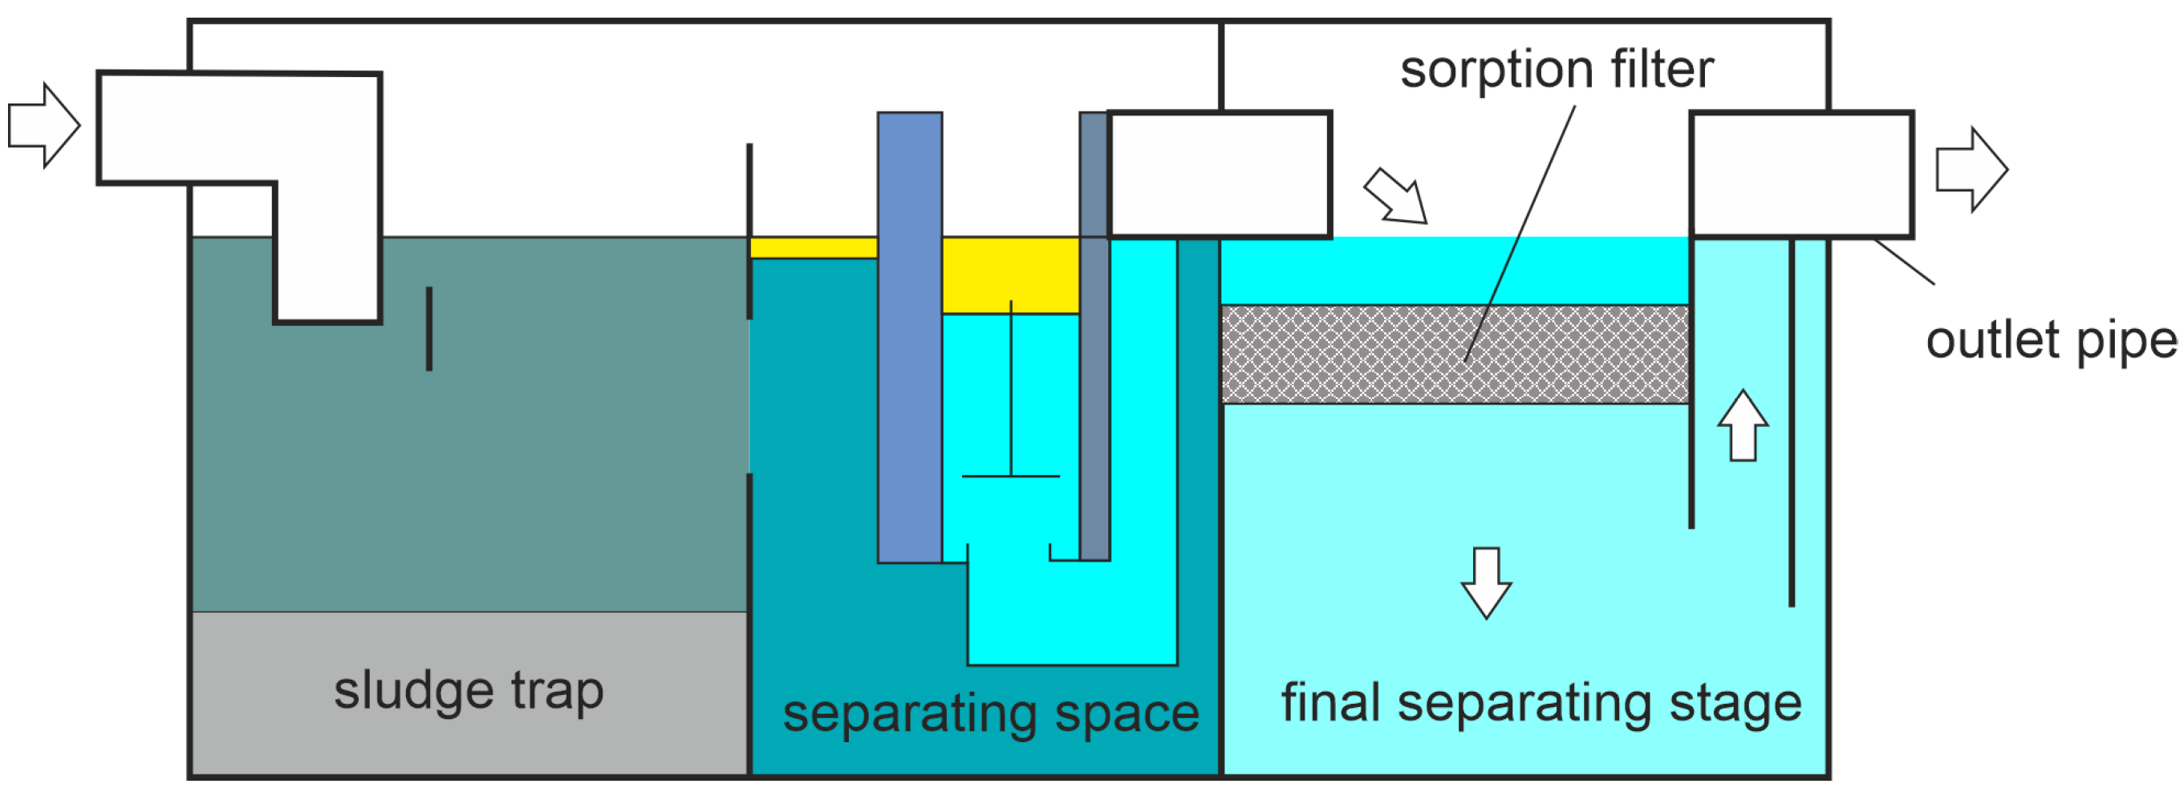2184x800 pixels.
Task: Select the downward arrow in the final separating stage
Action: tap(1486, 584)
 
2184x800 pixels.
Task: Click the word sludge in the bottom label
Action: tap(413, 692)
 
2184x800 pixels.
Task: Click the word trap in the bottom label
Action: tap(557, 692)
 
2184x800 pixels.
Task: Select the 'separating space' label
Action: tap(990, 713)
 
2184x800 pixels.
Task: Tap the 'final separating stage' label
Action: tap(1541, 704)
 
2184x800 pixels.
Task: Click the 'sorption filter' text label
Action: tap(1557, 70)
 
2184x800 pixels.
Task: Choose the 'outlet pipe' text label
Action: tap(2051, 341)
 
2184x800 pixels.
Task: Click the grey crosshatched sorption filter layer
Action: tap(1357, 354)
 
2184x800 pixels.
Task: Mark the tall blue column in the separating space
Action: tap(910, 339)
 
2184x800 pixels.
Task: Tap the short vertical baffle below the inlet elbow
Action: tap(429, 329)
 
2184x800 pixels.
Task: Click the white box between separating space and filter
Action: tap(1220, 175)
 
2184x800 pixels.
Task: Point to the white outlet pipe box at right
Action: tap(1801, 175)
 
